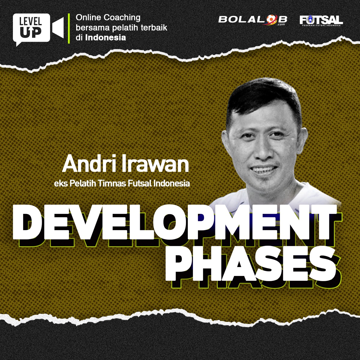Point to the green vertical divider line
(69, 28)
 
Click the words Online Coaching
(108, 18)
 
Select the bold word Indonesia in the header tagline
(106, 37)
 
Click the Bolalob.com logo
(253, 20)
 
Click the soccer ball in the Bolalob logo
(271, 19)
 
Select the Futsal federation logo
(321, 21)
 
